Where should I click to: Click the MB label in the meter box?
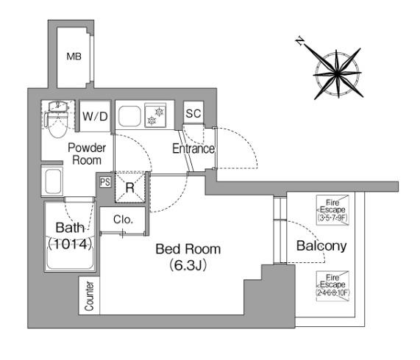click(x=74, y=57)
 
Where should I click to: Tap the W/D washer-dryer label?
click(x=95, y=116)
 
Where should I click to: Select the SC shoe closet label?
click(x=193, y=113)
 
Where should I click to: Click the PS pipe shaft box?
click(x=105, y=182)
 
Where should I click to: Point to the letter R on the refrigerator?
click(x=130, y=188)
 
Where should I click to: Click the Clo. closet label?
click(x=123, y=220)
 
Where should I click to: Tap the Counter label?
click(x=89, y=296)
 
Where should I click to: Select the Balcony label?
click(x=321, y=246)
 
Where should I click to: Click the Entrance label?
click(x=193, y=148)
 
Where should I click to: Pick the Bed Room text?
click(x=188, y=249)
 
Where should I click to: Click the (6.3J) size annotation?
click(x=188, y=265)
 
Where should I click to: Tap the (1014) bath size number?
click(x=70, y=244)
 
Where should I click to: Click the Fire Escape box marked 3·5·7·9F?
click(x=332, y=210)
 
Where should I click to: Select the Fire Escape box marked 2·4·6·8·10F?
click(x=332, y=287)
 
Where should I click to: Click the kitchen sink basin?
click(x=129, y=116)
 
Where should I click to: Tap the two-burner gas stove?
click(x=155, y=115)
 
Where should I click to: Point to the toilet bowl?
click(x=57, y=126)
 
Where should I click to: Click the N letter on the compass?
click(x=300, y=41)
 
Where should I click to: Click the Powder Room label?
click(x=87, y=154)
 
